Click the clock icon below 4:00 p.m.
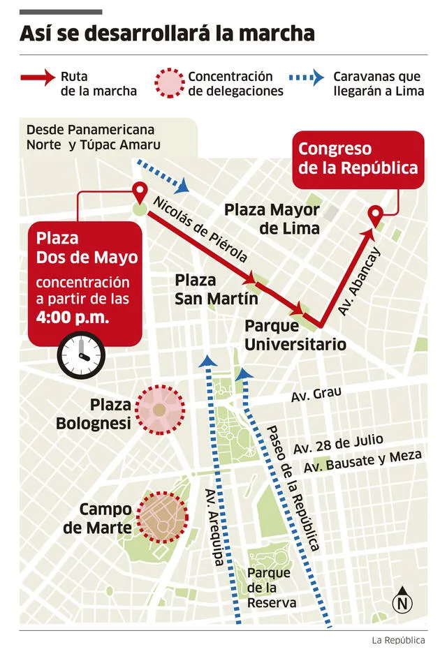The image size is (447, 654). coord(81,355)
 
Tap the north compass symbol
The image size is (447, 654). coord(402,602)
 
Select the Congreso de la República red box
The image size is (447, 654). coord(358,159)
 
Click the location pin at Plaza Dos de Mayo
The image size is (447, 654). coord(140,192)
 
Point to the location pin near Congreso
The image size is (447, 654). coord(376,215)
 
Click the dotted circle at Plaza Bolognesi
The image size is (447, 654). coord(160,410)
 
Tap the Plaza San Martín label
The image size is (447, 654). coord(206,289)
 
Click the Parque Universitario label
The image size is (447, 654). coord(295,336)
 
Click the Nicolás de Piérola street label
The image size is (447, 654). coord(200,229)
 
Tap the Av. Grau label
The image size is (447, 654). coord(316,394)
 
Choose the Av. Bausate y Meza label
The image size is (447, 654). coord(362,461)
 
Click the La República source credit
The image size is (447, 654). coord(399,640)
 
